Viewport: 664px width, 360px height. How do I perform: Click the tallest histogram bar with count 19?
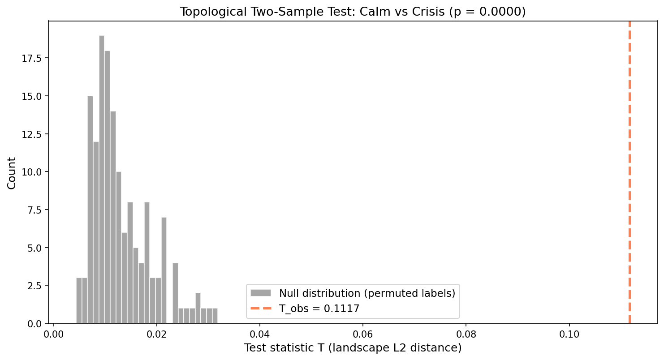click(102, 179)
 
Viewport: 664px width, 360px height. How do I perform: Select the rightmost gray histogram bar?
click(215, 316)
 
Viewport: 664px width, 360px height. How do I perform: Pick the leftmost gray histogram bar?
click(79, 300)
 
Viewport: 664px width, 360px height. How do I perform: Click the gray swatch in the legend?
click(261, 293)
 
